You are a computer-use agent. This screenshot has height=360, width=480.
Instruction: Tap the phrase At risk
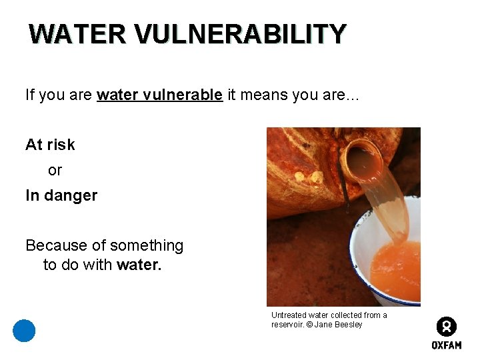(50, 145)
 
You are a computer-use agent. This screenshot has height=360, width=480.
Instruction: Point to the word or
(55, 170)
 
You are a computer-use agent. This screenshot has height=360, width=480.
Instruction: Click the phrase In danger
(61, 195)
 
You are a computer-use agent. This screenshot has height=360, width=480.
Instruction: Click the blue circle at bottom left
(24, 331)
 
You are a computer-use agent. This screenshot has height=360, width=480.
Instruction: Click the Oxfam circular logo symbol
(446, 327)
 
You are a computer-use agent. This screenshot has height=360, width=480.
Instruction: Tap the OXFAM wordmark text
(446, 345)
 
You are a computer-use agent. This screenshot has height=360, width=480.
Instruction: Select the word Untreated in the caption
(287, 315)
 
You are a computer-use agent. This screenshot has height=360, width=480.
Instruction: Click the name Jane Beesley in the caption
(339, 325)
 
